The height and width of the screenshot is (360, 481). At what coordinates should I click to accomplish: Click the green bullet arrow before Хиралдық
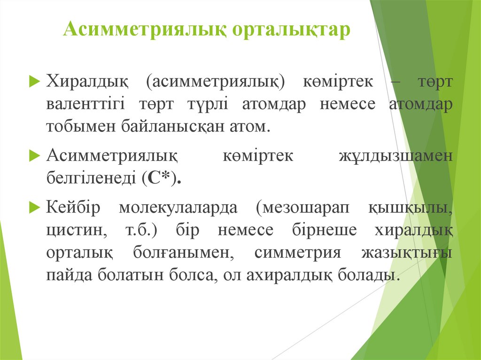pos(34,82)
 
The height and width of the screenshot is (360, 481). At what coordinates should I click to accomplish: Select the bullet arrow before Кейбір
pos(34,207)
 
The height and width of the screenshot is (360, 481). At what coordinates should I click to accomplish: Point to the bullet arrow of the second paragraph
pos(34,155)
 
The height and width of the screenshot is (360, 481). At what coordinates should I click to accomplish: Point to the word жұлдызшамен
pos(396,156)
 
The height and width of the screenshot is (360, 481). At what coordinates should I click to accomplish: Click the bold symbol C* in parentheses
pos(161,178)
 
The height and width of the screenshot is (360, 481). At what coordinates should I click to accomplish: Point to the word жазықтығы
pos(407,253)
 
